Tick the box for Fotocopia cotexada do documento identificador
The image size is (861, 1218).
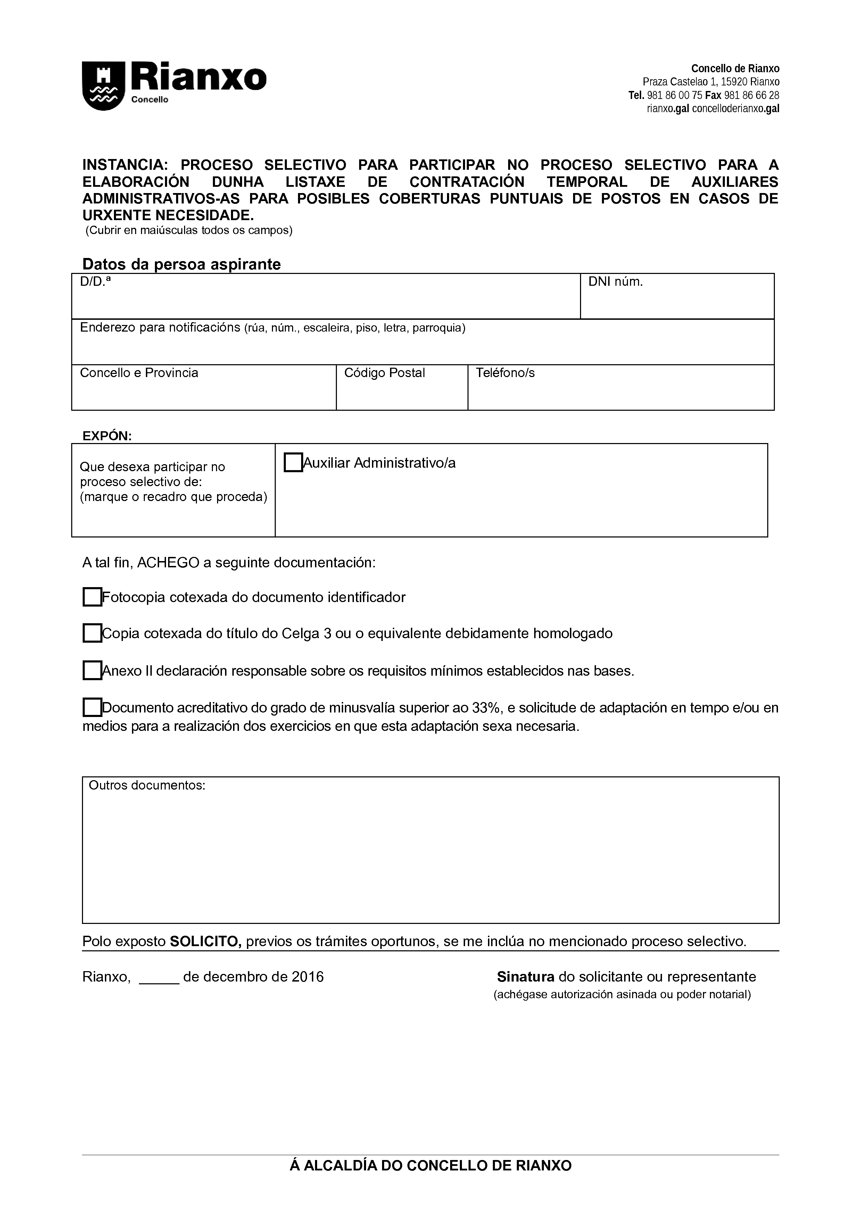point(92,597)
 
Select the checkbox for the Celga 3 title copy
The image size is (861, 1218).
point(92,633)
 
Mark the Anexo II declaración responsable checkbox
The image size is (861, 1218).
point(92,670)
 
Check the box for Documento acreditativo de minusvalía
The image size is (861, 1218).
point(92,708)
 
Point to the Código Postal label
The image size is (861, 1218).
point(384,373)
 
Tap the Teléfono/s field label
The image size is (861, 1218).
point(505,373)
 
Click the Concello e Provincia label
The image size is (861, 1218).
point(139,373)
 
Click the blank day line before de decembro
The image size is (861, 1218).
point(159,977)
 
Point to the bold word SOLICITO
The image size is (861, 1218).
point(205,942)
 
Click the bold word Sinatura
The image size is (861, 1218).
point(525,977)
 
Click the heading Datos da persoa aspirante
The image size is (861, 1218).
point(181,264)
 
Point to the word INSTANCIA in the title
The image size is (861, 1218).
point(125,165)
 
